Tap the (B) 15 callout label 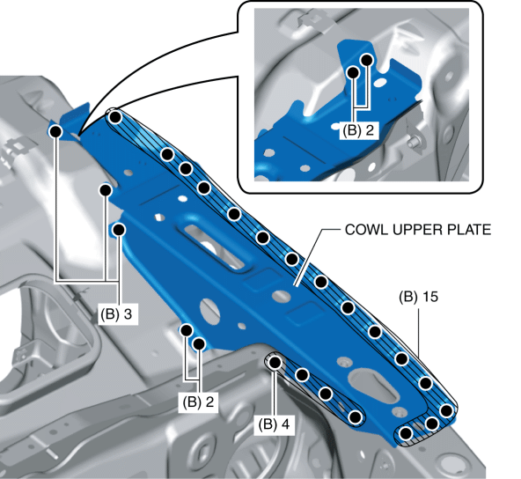pos(418,297)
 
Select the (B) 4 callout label pos(274,424)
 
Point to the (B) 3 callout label pos(116,313)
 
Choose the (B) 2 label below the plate pos(198,402)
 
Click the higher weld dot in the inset pos(367,60)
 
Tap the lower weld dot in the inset pos(353,72)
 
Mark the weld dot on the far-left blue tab pos(55,131)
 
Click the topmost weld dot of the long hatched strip pos(115,117)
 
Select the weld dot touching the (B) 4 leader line pos(275,362)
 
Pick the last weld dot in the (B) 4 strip pos(356,416)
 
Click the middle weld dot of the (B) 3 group pos(106,190)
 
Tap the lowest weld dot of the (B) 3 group pos(119,230)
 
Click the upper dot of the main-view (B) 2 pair pos(187,330)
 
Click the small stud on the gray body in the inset pos(414,142)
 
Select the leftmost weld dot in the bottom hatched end pos(407,433)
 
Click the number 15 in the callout pos(430,297)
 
